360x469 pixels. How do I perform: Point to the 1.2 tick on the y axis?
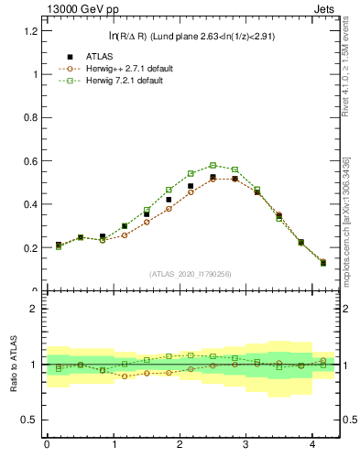pos(31,31)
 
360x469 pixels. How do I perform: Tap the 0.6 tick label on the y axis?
pos(31,161)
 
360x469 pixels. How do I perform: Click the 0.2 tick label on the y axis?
pos(31,248)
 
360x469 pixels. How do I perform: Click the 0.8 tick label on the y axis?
pos(31,118)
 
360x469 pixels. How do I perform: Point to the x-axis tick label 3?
pos(246,444)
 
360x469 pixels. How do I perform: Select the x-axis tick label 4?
pos(313,444)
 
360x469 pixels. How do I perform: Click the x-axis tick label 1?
pos(114,444)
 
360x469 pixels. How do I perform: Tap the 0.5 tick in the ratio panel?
pos(31,420)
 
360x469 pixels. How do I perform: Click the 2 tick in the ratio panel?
pos(35,309)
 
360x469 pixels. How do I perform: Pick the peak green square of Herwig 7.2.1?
pos(213,166)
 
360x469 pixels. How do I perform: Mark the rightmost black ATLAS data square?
pos(322,263)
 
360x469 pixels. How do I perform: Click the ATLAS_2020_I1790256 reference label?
pos(189,274)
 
